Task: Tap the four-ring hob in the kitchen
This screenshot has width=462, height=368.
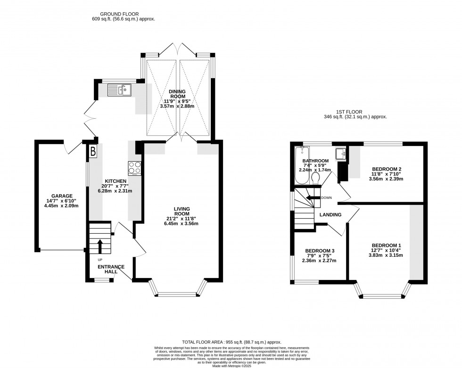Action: pyautogui.click(x=134, y=168)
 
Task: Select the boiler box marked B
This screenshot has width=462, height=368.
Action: pyautogui.click(x=93, y=152)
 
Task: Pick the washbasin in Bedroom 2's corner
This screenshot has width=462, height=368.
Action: pyautogui.click(x=340, y=154)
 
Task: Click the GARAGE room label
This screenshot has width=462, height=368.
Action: pyautogui.click(x=62, y=196)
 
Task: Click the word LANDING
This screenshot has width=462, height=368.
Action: pyautogui.click(x=330, y=215)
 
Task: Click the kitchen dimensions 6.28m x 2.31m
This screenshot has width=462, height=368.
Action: pyautogui.click(x=115, y=191)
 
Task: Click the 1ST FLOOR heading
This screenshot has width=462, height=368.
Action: pyautogui.click(x=348, y=112)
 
